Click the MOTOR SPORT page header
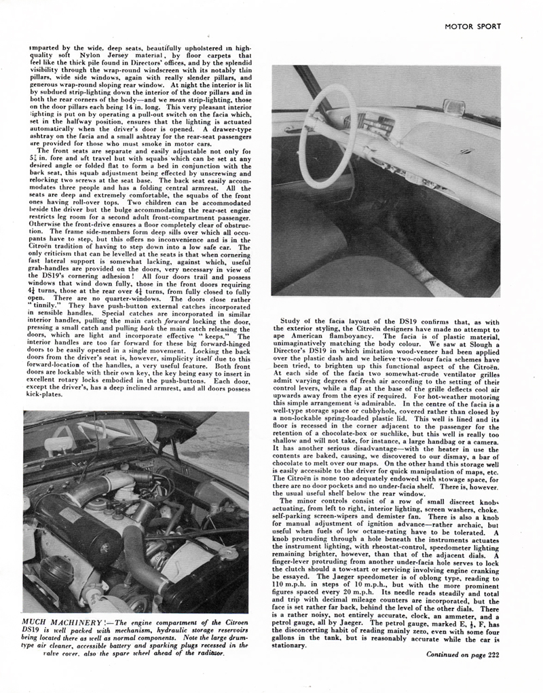point(472,27)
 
